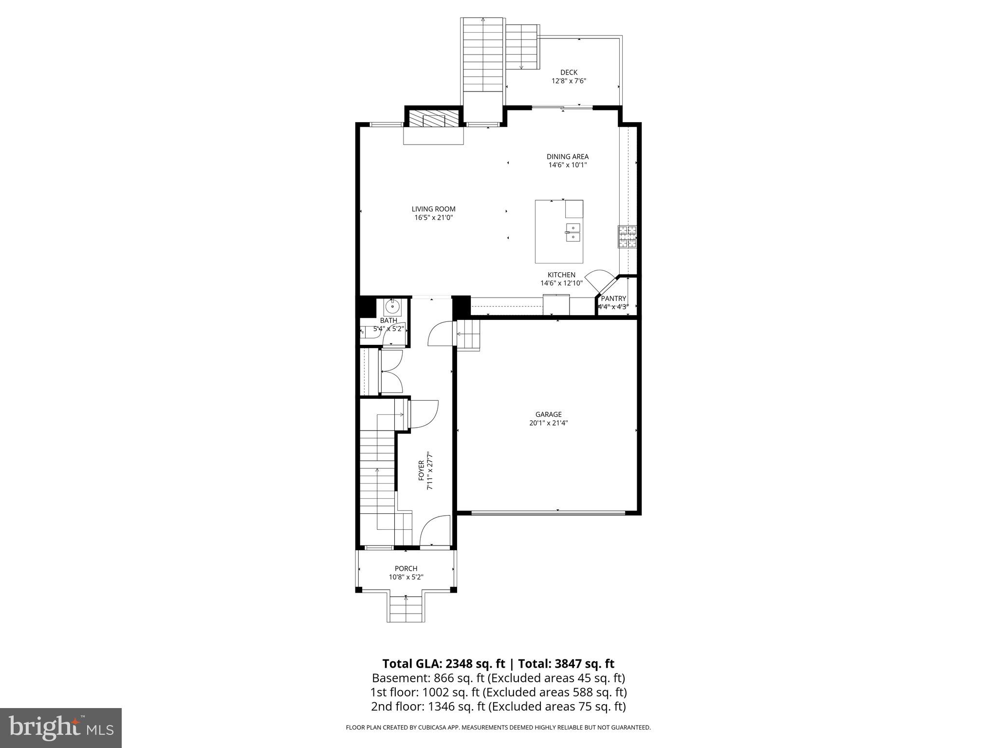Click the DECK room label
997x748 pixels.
click(569, 73)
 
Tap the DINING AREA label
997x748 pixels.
click(567, 157)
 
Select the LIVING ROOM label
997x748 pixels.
click(433, 209)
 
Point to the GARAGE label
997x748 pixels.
click(548, 414)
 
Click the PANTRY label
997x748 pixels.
click(613, 299)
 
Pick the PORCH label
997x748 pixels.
click(406, 568)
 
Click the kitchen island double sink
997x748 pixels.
click(573, 233)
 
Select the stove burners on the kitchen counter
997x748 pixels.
click(628, 237)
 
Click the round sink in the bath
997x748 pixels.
click(392, 307)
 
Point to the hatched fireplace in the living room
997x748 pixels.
click(433, 118)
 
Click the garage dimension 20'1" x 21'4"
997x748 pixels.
click(548, 423)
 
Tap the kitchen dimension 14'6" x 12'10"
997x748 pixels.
click(561, 283)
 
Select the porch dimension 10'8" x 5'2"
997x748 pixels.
click(406, 577)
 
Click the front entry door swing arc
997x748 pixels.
click(434, 531)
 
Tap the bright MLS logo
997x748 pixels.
click(61, 729)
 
